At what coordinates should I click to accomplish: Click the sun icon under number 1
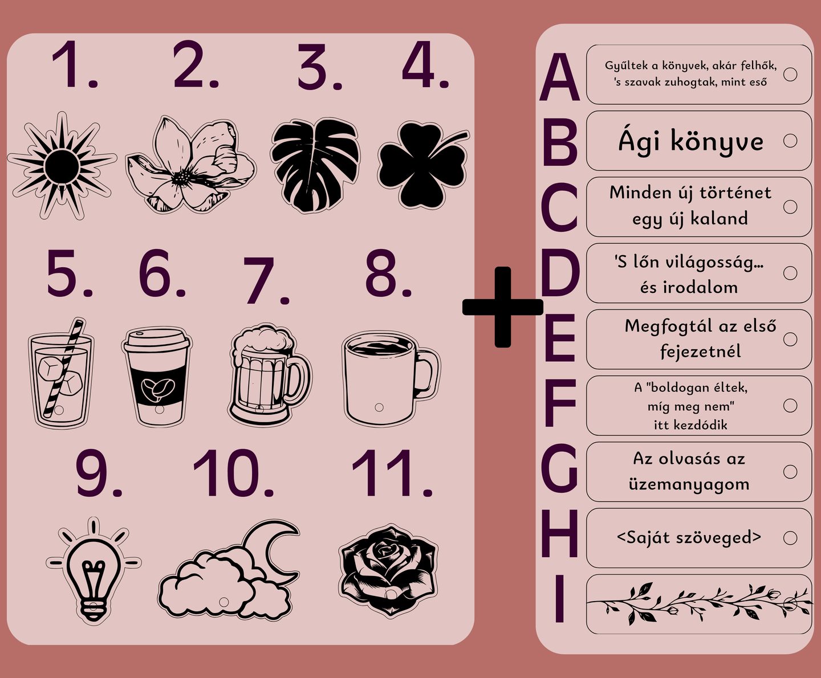coord(62,166)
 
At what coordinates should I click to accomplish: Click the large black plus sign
coord(502,307)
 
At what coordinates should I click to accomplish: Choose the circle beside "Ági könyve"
coord(790,140)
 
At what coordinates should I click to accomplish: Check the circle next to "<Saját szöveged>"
coord(790,538)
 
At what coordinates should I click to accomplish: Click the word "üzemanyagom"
coord(689,484)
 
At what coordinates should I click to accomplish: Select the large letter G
coord(559,468)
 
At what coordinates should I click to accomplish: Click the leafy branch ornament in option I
coord(699,603)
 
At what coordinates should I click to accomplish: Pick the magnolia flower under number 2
coord(190,165)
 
